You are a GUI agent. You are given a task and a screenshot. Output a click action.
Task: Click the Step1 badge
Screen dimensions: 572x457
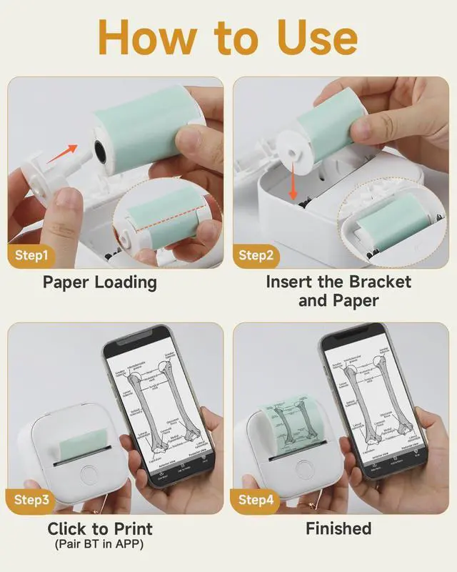click(32, 255)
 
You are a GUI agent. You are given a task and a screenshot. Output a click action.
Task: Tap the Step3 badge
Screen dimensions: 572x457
click(32, 500)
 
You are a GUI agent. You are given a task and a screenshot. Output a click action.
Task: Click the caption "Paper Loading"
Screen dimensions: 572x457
click(99, 282)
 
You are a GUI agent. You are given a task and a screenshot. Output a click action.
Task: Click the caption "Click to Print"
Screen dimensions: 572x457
click(100, 530)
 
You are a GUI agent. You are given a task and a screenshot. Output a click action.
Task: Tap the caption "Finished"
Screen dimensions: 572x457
click(338, 529)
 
